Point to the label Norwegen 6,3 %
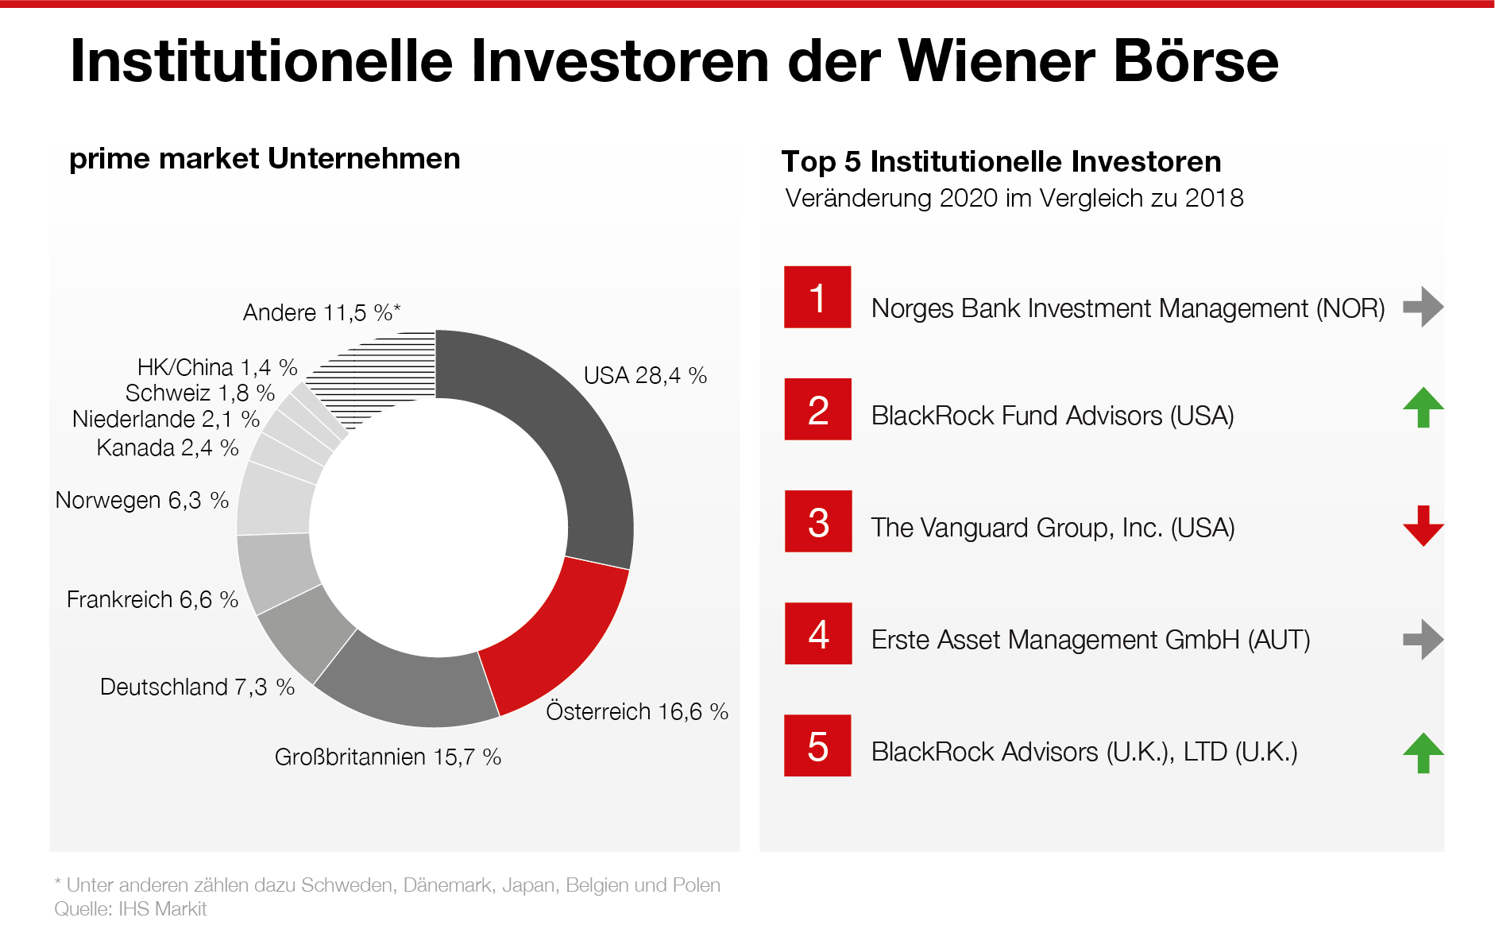pyautogui.click(x=142, y=501)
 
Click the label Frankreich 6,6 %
pyautogui.click(x=153, y=600)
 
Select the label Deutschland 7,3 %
pyautogui.click(x=197, y=687)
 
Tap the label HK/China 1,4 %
pyautogui.click(x=217, y=367)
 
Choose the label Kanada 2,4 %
pyautogui.click(x=168, y=448)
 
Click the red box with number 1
pyautogui.click(x=817, y=298)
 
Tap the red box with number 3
pyautogui.click(x=818, y=522)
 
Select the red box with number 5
pyautogui.click(x=817, y=746)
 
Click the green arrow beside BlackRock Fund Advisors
pyautogui.click(x=1423, y=408)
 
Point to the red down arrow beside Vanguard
pyautogui.click(x=1423, y=525)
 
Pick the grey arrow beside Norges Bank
pyautogui.click(x=1423, y=307)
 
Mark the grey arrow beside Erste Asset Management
pyautogui.click(x=1423, y=640)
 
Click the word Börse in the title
pyautogui.click(x=1196, y=61)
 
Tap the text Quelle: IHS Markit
pyautogui.click(x=130, y=909)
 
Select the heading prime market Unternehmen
pyautogui.click(x=265, y=159)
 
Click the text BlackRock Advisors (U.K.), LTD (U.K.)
pyautogui.click(x=1084, y=752)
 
